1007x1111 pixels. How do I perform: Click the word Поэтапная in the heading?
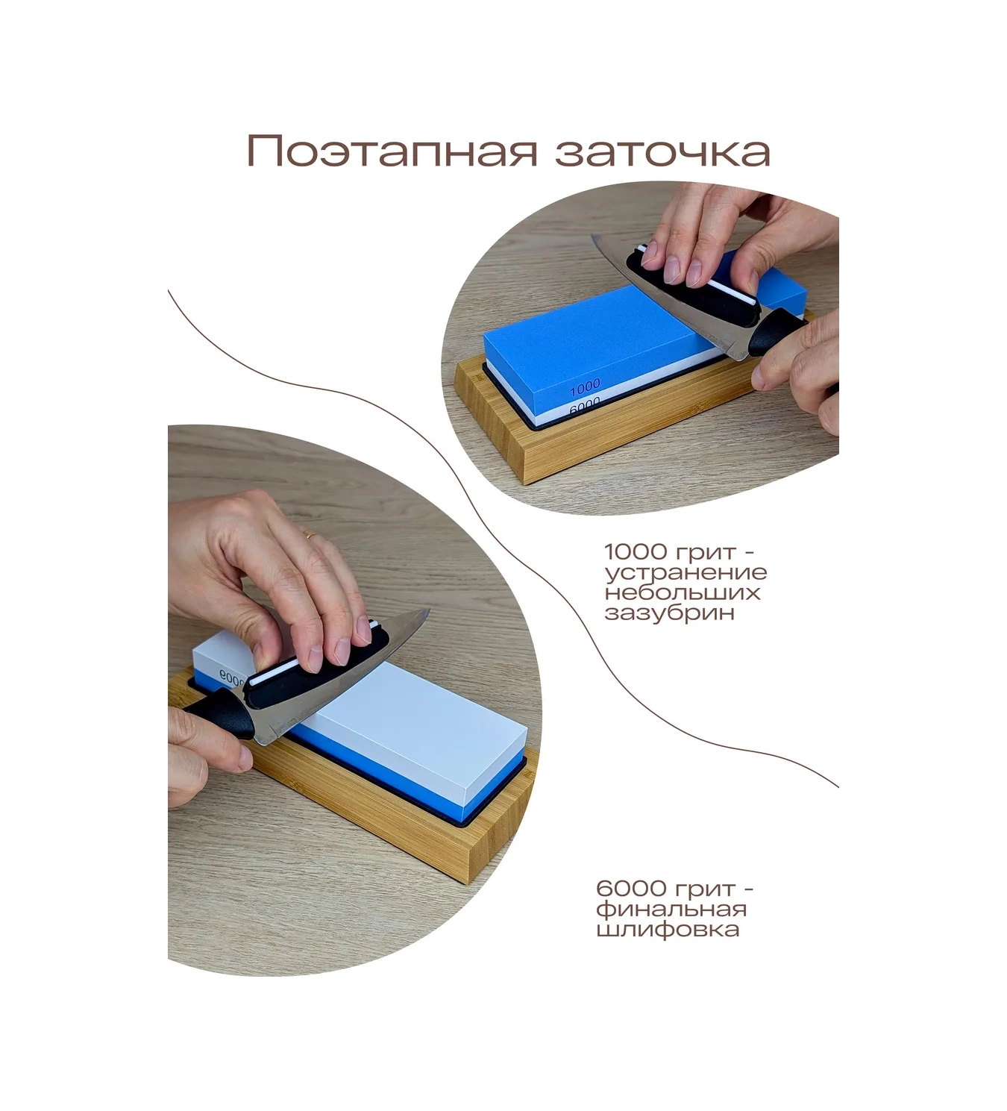coord(392,151)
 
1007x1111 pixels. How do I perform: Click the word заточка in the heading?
coord(662,151)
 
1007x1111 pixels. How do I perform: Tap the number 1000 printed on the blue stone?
coord(585,388)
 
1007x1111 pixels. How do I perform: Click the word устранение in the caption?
coord(686,572)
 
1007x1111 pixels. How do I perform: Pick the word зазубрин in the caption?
coord(670,613)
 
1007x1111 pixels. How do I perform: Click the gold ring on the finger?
coord(311,533)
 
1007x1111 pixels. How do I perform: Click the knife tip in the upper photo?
coord(593,237)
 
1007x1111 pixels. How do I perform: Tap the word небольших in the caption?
coord(683,592)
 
